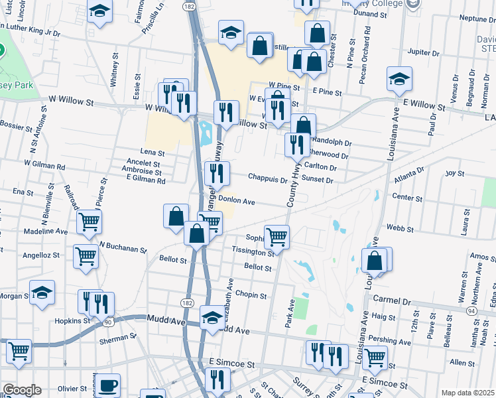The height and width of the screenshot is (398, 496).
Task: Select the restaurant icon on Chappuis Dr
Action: [x=217, y=174]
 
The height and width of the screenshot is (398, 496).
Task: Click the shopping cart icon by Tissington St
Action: [x=277, y=235]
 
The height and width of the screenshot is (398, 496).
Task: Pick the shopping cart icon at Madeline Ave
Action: [x=89, y=222]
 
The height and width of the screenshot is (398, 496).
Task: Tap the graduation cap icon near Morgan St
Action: [x=42, y=293]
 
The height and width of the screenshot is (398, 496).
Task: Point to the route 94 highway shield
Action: [x=471, y=310]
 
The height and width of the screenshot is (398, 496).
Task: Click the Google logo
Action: [x=22, y=390]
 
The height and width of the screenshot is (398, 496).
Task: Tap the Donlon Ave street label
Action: [x=237, y=200]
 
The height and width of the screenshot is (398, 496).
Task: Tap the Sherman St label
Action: [x=117, y=337]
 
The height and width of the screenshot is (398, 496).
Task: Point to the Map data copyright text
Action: [x=467, y=392]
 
